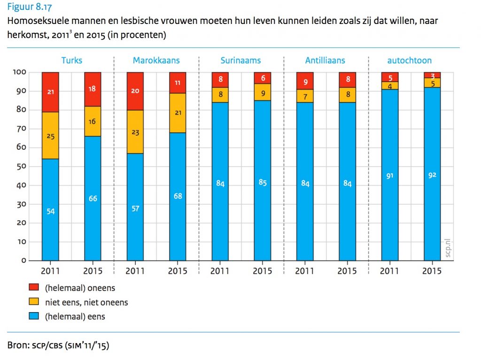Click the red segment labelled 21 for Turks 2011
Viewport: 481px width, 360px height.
pyautogui.click(x=50, y=92)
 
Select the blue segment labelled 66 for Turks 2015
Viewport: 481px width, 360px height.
pyautogui.click(x=93, y=198)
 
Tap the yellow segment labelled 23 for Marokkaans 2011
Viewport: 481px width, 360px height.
pyautogui.click(x=135, y=132)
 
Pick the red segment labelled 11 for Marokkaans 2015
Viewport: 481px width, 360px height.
pyautogui.click(x=178, y=83)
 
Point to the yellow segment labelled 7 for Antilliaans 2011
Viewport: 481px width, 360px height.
pyautogui.click(x=305, y=96)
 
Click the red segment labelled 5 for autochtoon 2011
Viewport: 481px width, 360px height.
pyautogui.click(x=390, y=77)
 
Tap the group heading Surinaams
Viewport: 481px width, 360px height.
pyautogui.click(x=240, y=61)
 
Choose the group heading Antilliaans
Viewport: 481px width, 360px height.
pyautogui.click(x=325, y=61)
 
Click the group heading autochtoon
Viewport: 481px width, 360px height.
pyautogui.click(x=410, y=61)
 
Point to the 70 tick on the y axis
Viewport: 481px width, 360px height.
pyautogui.click(x=23, y=129)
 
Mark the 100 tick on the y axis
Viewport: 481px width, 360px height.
pyautogui.click(x=22, y=72)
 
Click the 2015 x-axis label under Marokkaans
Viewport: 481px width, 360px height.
pyautogui.click(x=178, y=271)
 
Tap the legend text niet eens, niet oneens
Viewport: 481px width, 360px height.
pyautogui.click(x=86, y=302)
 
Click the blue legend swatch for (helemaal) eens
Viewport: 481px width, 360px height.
pyautogui.click(x=34, y=316)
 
